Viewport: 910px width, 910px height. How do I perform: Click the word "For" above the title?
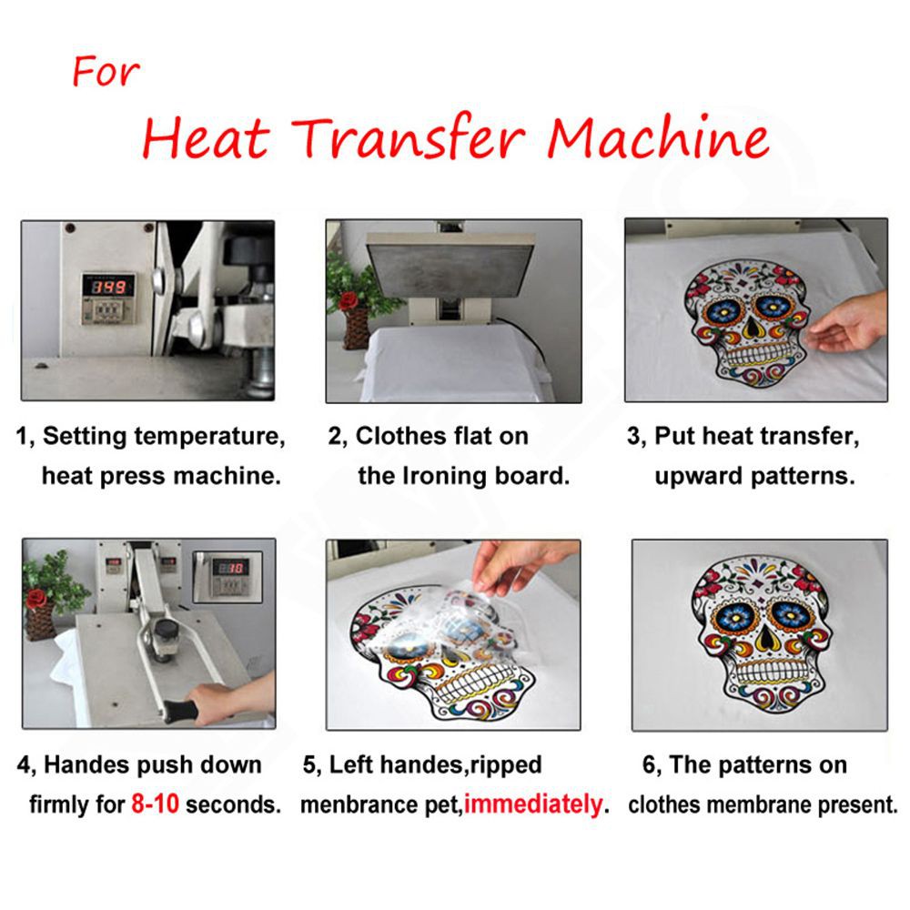(106, 72)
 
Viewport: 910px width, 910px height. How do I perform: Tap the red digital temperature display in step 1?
(108, 286)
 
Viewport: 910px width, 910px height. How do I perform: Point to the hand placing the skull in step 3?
(846, 325)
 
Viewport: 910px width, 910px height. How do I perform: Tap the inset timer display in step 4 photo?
(229, 567)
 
